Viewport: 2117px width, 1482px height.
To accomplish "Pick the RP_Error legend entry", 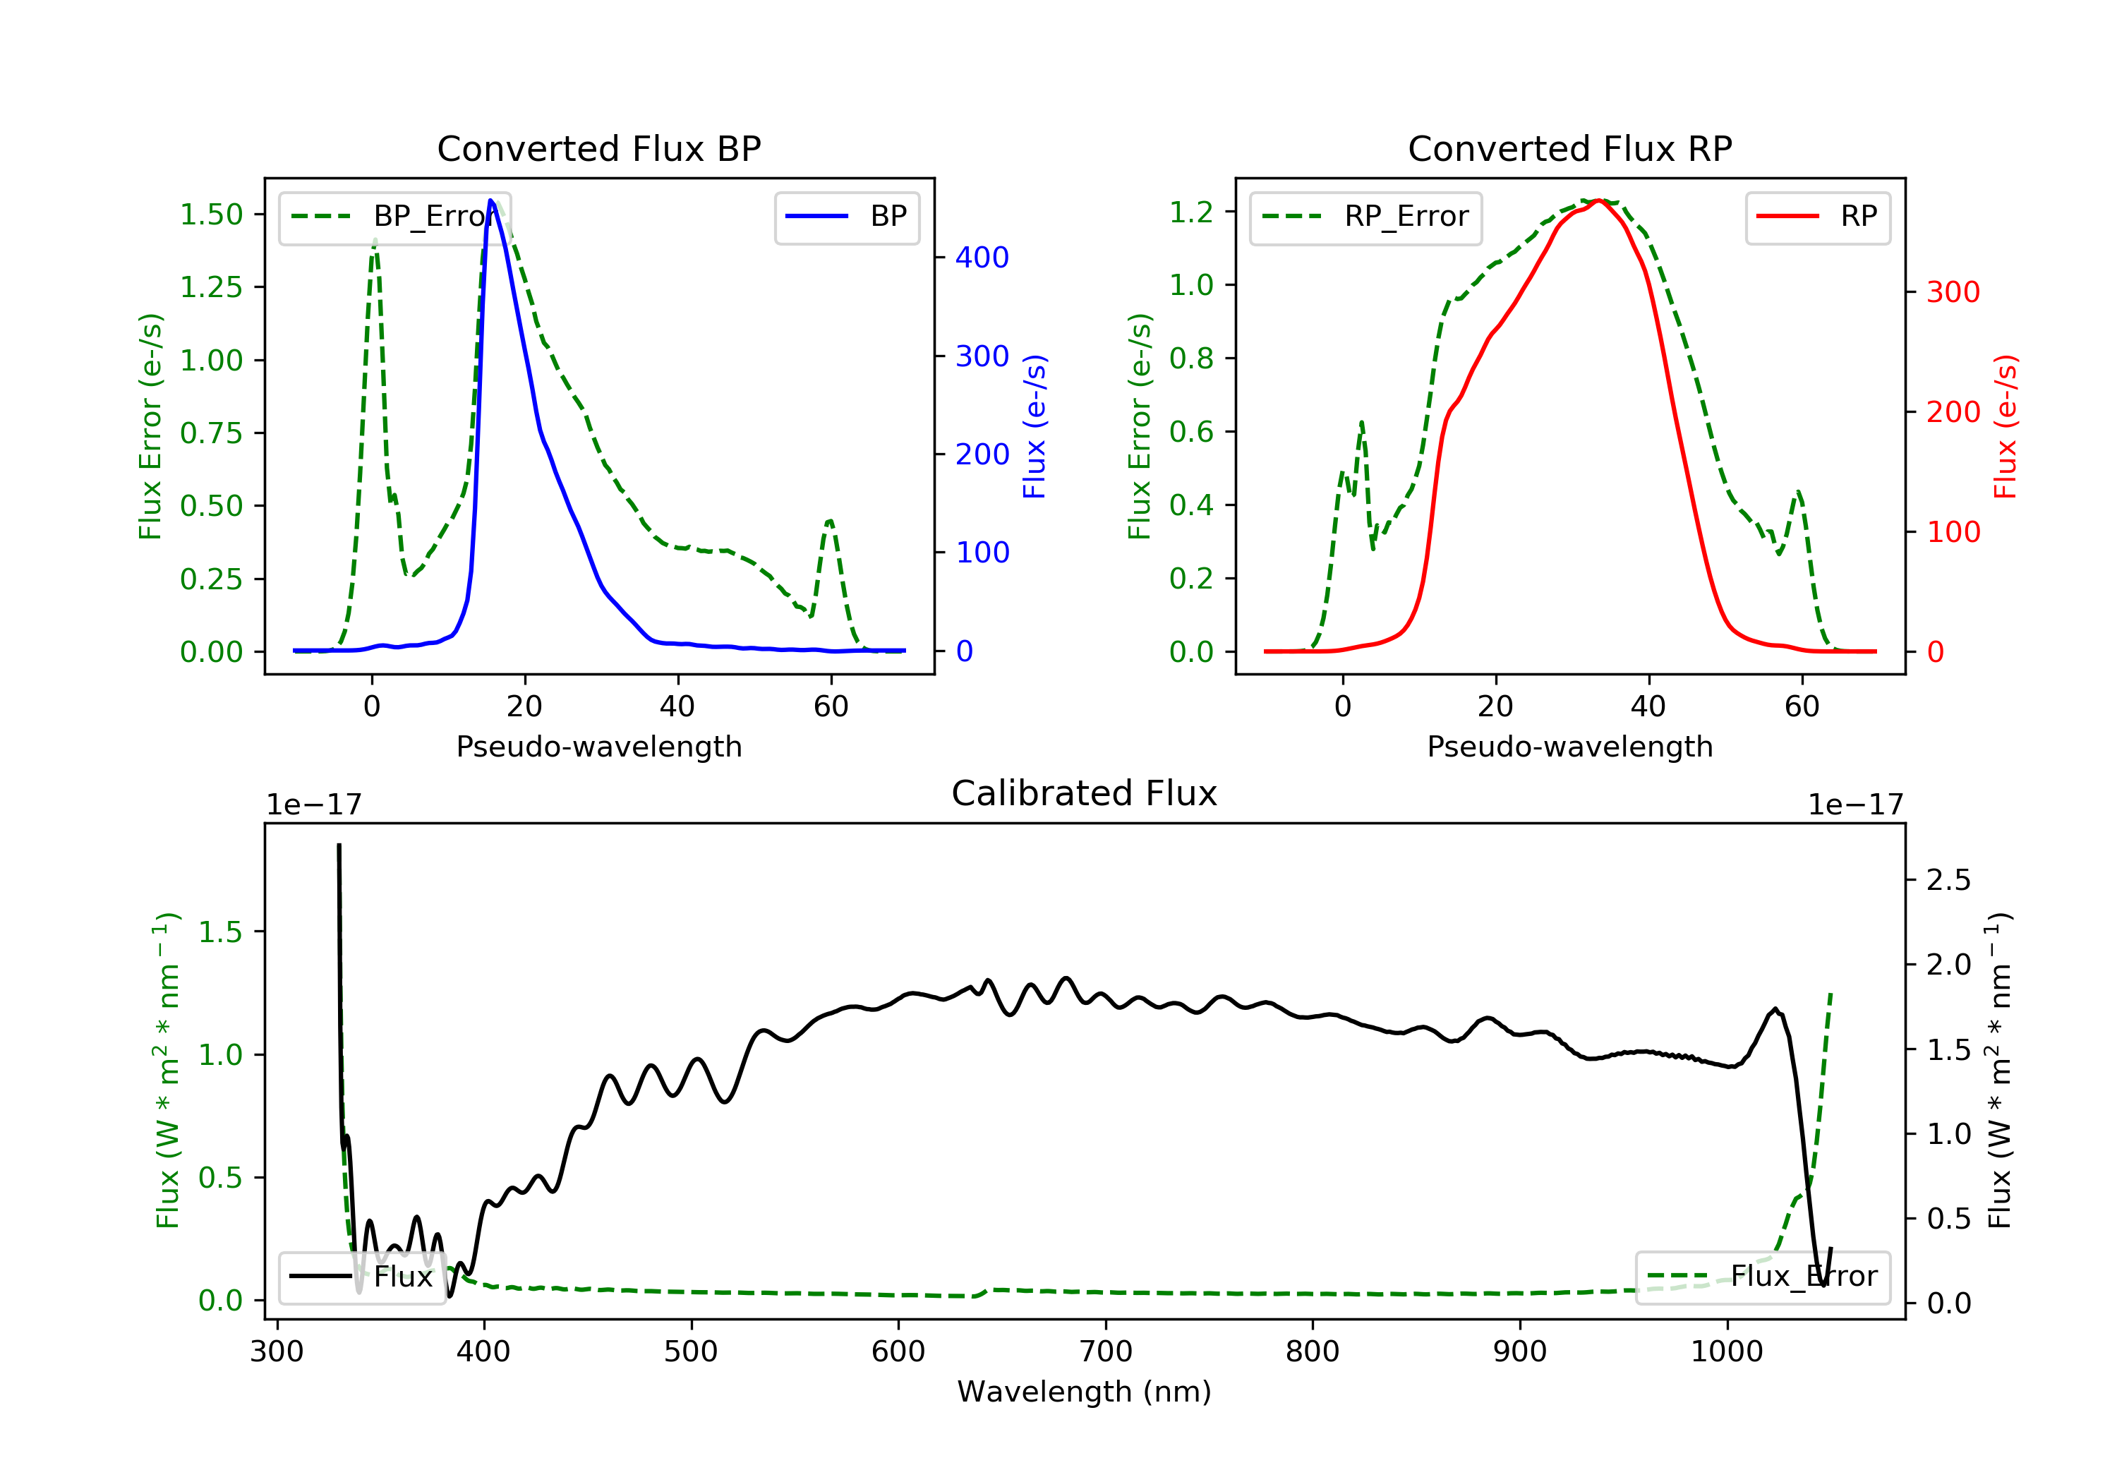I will (1365, 217).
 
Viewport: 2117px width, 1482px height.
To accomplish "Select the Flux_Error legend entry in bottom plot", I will (1762, 1277).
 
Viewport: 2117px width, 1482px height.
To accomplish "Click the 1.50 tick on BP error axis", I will (211, 214).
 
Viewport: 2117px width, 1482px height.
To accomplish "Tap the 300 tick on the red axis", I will (1953, 292).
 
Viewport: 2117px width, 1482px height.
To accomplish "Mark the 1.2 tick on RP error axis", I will (1190, 212).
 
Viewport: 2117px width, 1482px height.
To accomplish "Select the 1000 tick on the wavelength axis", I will (1726, 1352).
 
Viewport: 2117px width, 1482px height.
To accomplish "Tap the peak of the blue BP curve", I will (490, 200).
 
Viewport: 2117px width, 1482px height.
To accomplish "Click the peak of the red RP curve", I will (1600, 200).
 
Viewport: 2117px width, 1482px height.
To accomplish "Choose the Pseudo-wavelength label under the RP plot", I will (1569, 746).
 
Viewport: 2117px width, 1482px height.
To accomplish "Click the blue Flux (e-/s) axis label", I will (1035, 426).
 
